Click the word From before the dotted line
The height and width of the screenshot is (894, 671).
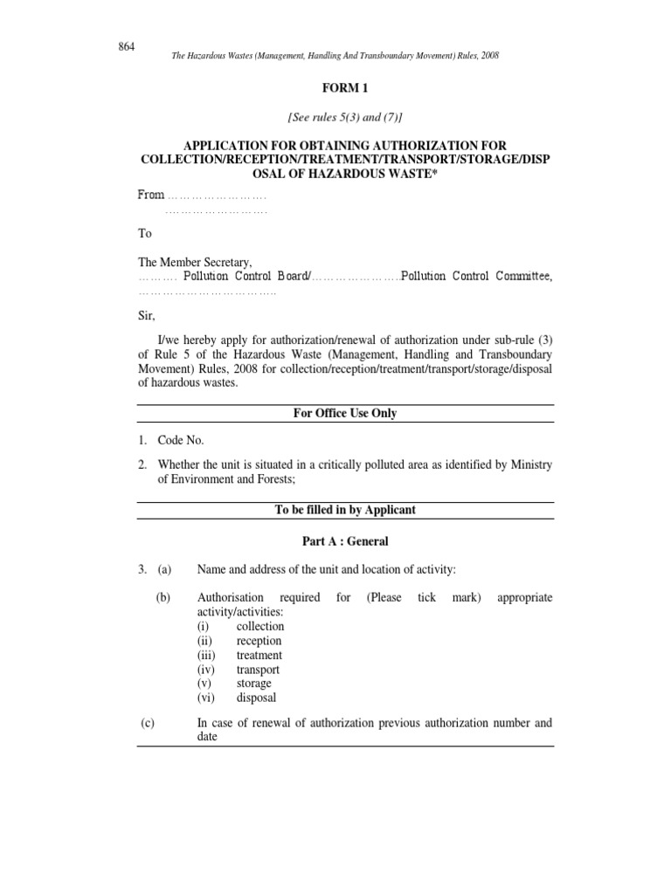tap(151, 195)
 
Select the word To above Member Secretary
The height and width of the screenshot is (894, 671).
tap(144, 234)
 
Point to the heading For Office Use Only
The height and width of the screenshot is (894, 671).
tap(345, 413)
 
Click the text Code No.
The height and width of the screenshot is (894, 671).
tap(181, 441)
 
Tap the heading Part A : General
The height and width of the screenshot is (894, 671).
tap(345, 541)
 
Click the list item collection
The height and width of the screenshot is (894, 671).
tap(259, 626)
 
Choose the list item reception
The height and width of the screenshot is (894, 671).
tap(259, 641)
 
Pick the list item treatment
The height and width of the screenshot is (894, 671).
tap(259, 655)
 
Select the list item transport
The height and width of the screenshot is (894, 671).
tap(258, 670)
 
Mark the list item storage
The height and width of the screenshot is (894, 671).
tap(253, 684)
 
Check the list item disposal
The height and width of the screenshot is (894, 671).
tap(256, 698)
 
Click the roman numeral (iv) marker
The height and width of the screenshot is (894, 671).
tap(207, 670)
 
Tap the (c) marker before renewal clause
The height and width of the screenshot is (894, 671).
tap(149, 723)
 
